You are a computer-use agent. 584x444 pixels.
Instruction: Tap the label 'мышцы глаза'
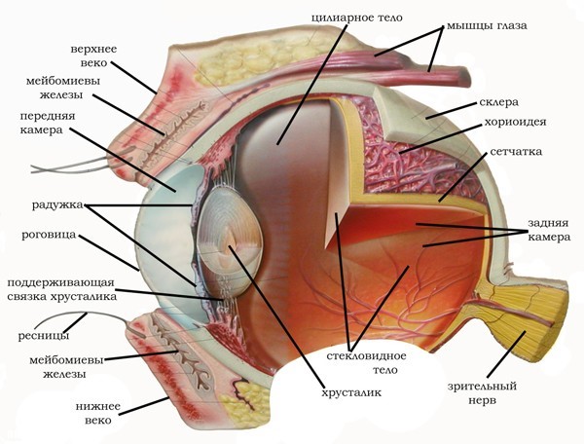pos(486,25)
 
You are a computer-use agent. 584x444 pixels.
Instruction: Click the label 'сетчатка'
pos(517,154)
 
